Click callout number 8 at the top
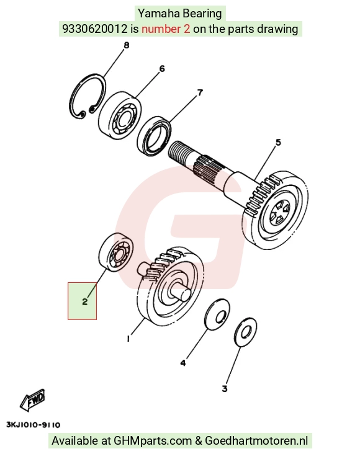[127, 45]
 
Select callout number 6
[162, 69]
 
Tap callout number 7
[200, 92]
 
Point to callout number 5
[278, 143]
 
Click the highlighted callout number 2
[84, 301]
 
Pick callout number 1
[128, 339]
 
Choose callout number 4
[183, 363]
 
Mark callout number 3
[225, 388]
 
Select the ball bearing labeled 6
[120, 113]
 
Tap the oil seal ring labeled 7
[154, 135]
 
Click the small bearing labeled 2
[116, 252]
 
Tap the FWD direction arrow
[32, 400]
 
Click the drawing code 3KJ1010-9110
[34, 425]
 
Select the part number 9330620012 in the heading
[95, 29]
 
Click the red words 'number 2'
[166, 29]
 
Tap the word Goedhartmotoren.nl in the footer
[256, 441]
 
